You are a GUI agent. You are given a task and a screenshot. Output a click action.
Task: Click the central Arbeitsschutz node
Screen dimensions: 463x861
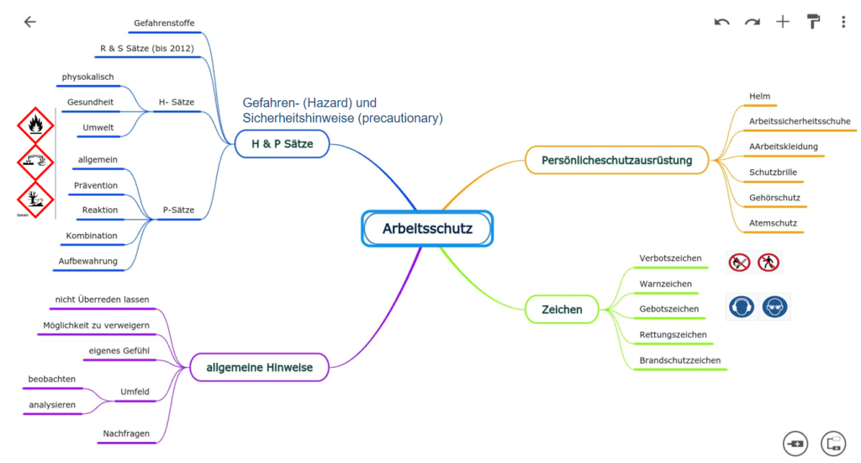pos(427,228)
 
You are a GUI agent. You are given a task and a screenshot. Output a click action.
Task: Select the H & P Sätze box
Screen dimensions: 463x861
pos(283,144)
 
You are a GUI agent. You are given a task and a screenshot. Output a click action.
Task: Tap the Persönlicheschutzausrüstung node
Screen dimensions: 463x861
pos(617,159)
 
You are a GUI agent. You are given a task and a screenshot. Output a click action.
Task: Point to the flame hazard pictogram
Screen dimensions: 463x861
pos(35,125)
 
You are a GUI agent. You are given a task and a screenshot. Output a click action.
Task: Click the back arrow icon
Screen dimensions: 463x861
pos(30,22)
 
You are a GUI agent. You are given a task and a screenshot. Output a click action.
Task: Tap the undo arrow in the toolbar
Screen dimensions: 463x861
pos(721,22)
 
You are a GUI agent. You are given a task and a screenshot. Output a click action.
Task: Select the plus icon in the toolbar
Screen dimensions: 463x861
pos(783,22)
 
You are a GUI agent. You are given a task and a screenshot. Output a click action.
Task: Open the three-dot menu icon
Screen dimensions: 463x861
pos(843,22)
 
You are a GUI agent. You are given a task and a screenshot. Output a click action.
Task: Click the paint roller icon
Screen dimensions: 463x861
pos(813,22)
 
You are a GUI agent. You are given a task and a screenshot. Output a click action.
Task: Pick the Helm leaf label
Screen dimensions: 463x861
pos(759,96)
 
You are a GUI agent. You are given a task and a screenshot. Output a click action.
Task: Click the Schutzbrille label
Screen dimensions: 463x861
pos(773,173)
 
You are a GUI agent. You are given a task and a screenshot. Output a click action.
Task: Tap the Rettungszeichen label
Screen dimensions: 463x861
pos(673,334)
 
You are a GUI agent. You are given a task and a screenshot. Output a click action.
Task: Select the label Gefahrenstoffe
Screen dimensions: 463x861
pos(164,23)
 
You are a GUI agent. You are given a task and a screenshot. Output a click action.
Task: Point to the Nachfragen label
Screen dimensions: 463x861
pos(126,434)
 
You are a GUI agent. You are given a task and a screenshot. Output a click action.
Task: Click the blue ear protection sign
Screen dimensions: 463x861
pos(741,307)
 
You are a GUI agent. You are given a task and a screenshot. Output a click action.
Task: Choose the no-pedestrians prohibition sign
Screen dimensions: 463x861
pos(769,263)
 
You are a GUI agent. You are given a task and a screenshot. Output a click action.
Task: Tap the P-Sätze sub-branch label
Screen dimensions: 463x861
pos(177,210)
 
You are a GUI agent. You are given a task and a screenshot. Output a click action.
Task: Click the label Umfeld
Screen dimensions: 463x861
pos(135,391)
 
